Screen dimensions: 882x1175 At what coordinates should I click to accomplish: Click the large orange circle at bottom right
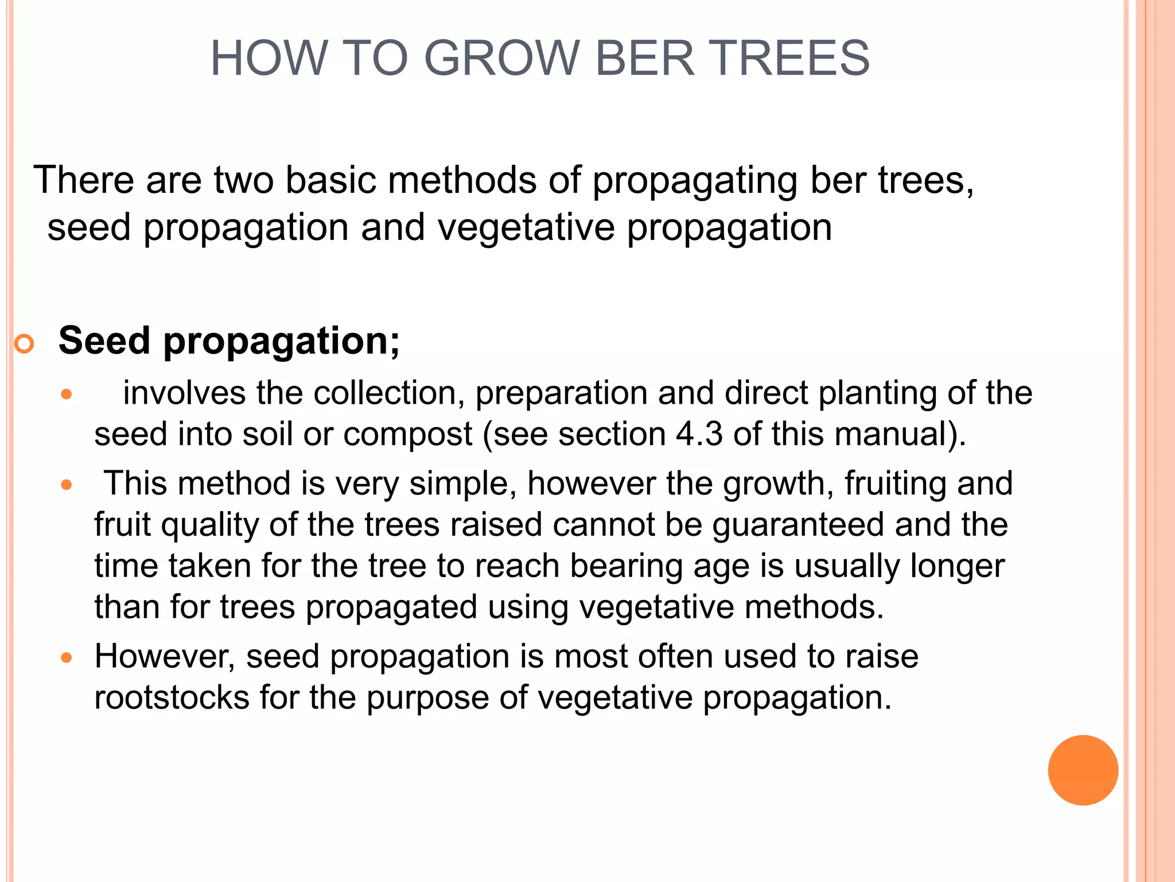[x=1083, y=770]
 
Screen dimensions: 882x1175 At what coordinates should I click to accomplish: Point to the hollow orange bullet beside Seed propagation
[x=25, y=344]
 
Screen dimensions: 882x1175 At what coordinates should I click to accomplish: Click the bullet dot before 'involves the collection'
[x=67, y=394]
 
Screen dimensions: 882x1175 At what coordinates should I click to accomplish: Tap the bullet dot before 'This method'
[x=67, y=485]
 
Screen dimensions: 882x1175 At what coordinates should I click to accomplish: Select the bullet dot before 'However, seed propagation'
[x=67, y=657]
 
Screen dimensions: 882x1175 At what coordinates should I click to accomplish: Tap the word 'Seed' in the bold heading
[x=104, y=341]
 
